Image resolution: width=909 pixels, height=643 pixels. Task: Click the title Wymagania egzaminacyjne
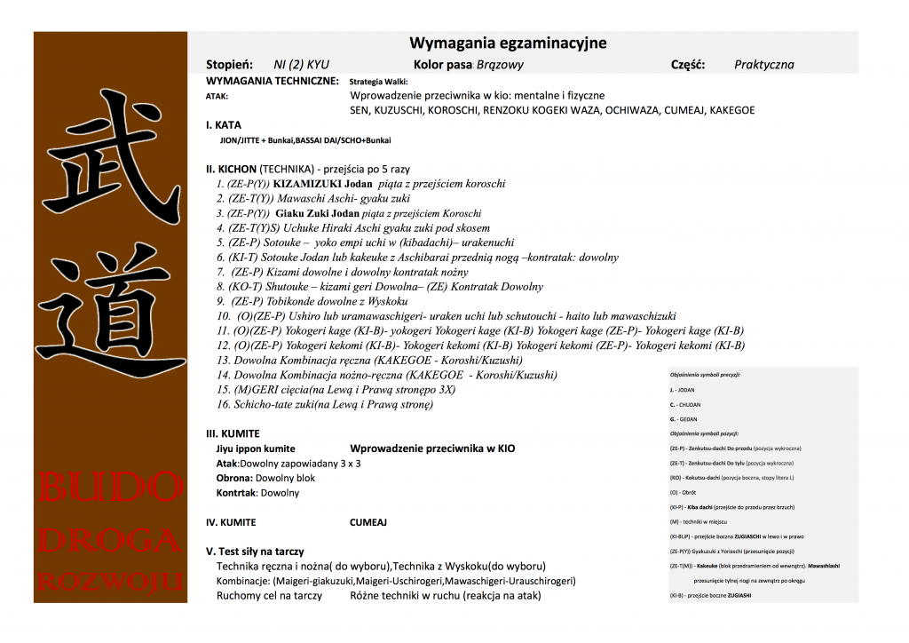coord(508,44)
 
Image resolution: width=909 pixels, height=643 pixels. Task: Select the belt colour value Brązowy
coord(501,65)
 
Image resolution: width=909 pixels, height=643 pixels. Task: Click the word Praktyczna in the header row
coord(763,65)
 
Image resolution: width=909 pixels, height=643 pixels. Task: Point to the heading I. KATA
coord(223,125)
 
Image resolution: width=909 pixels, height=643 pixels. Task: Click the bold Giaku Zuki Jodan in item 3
coord(318,214)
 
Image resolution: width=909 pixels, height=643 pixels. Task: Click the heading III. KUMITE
coord(233,433)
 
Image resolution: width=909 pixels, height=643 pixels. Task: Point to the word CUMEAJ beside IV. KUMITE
coord(368,523)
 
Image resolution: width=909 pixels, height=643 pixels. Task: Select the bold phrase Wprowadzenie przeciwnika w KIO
coord(432,449)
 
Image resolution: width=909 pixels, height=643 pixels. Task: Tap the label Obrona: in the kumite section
coord(234,478)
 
